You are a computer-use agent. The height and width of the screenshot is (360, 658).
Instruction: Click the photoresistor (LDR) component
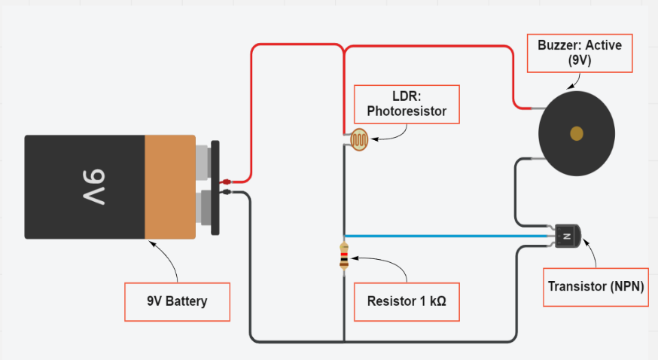pyautogui.click(x=359, y=140)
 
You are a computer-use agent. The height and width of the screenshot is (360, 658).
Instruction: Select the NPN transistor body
pyautogui.click(x=568, y=236)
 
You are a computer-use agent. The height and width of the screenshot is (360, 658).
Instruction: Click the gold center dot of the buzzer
pyautogui.click(x=577, y=133)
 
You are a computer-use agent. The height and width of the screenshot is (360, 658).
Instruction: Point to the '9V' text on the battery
pyautogui.click(x=93, y=187)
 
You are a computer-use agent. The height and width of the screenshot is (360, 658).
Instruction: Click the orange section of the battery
pyautogui.click(x=170, y=187)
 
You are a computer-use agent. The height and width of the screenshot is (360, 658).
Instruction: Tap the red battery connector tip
pyautogui.click(x=226, y=182)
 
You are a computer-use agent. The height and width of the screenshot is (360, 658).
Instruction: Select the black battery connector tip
pyautogui.click(x=226, y=192)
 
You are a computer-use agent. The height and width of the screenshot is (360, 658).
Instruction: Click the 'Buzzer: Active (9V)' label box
pyautogui.click(x=580, y=53)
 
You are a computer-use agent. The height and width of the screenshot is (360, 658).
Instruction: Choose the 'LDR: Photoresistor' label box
pyautogui.click(x=407, y=105)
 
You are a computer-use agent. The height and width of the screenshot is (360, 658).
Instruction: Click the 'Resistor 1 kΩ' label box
pyautogui.click(x=407, y=302)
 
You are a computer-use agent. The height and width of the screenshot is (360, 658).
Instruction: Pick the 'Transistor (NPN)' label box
pyautogui.click(x=596, y=287)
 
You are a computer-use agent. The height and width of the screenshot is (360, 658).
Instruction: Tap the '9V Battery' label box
pyautogui.click(x=177, y=302)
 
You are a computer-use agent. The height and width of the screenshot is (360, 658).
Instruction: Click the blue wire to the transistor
pyautogui.click(x=446, y=236)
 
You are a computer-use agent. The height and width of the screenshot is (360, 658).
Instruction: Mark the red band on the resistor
pyautogui.click(x=344, y=254)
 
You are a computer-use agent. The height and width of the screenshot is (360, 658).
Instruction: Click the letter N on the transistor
pyautogui.click(x=566, y=236)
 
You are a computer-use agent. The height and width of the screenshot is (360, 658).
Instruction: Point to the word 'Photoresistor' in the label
pyautogui.click(x=407, y=111)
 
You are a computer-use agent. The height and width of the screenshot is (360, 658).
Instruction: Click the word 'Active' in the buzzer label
pyautogui.click(x=604, y=45)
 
